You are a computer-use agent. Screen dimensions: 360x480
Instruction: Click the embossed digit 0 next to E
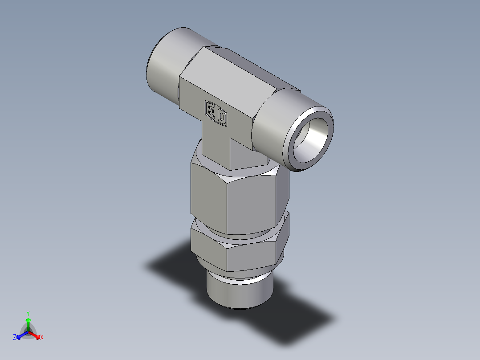click(221, 118)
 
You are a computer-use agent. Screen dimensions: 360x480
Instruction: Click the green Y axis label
click(28, 313)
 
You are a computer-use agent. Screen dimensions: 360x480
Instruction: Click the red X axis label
click(42, 338)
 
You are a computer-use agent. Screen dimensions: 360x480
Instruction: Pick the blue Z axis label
click(15, 338)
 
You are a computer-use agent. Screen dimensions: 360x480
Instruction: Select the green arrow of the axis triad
click(28, 323)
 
